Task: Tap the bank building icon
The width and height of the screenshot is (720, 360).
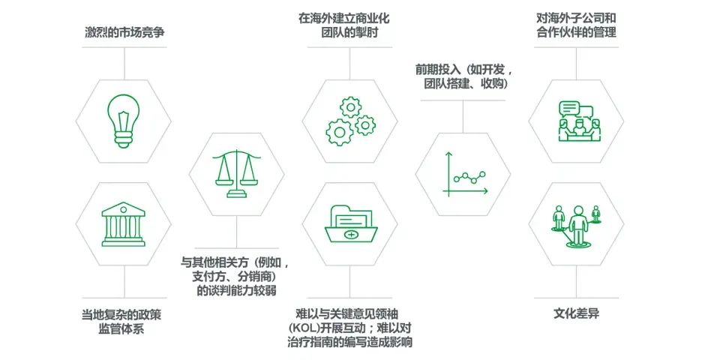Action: [x=124, y=223]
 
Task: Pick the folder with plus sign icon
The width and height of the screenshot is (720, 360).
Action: [x=350, y=222]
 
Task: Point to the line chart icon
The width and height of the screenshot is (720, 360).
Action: [x=463, y=174]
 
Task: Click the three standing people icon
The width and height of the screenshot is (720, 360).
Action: [x=577, y=223]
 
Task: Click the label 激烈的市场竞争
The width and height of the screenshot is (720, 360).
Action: [x=124, y=34]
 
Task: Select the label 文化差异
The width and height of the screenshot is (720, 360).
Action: [x=576, y=313]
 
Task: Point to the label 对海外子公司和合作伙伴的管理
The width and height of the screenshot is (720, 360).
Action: [x=576, y=25]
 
